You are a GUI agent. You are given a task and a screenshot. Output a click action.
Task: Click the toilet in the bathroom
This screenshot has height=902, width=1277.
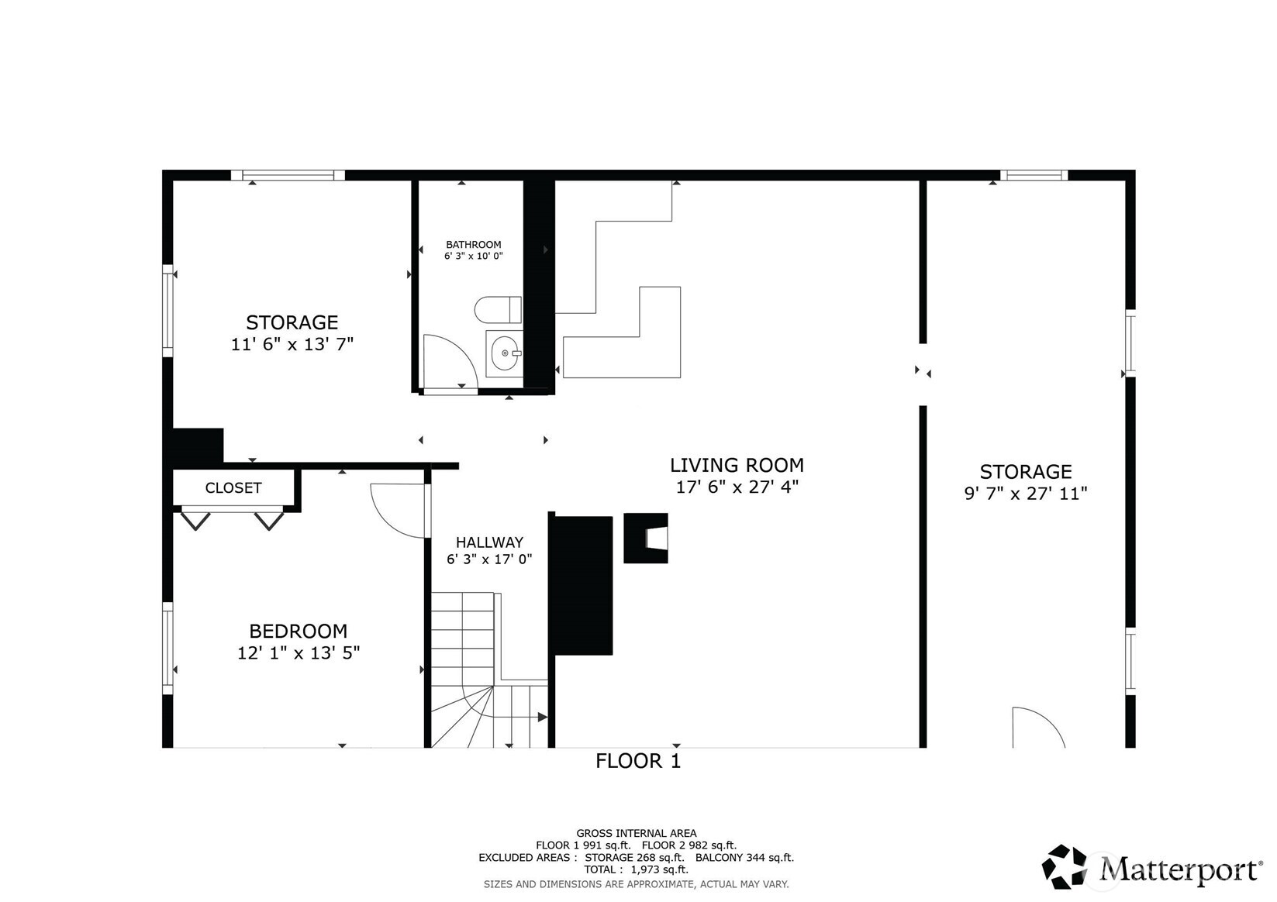[498, 310]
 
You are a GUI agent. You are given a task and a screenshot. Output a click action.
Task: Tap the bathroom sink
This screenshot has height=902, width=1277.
[505, 353]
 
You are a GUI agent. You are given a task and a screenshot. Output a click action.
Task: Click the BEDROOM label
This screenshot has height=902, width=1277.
[298, 631]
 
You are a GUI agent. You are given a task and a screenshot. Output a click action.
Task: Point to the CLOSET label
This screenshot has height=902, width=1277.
[233, 488]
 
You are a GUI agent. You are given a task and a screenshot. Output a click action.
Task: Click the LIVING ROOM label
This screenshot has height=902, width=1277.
[737, 465]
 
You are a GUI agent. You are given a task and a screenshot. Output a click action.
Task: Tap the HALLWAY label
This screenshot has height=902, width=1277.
[489, 542]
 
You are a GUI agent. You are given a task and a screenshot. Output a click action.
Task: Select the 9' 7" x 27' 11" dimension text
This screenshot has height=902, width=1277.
[1025, 494]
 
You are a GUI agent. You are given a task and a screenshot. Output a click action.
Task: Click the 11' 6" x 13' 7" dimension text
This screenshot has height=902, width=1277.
[292, 344]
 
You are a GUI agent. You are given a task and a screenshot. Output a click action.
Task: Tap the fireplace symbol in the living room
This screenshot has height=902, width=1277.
[646, 538]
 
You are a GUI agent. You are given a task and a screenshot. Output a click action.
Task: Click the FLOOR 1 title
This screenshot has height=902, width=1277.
[637, 761]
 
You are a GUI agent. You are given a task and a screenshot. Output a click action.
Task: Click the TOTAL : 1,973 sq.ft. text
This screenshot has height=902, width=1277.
[636, 869]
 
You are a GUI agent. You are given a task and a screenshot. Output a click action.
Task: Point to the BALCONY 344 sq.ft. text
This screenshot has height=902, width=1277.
[744, 858]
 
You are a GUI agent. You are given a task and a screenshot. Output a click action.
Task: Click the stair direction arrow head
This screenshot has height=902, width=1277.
[543, 718]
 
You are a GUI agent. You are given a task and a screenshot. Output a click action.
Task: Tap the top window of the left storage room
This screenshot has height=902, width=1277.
[288, 175]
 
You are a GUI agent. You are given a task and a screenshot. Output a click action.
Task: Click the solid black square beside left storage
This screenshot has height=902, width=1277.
[198, 446]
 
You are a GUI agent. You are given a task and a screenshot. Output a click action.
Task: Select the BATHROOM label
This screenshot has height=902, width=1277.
[473, 245]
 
